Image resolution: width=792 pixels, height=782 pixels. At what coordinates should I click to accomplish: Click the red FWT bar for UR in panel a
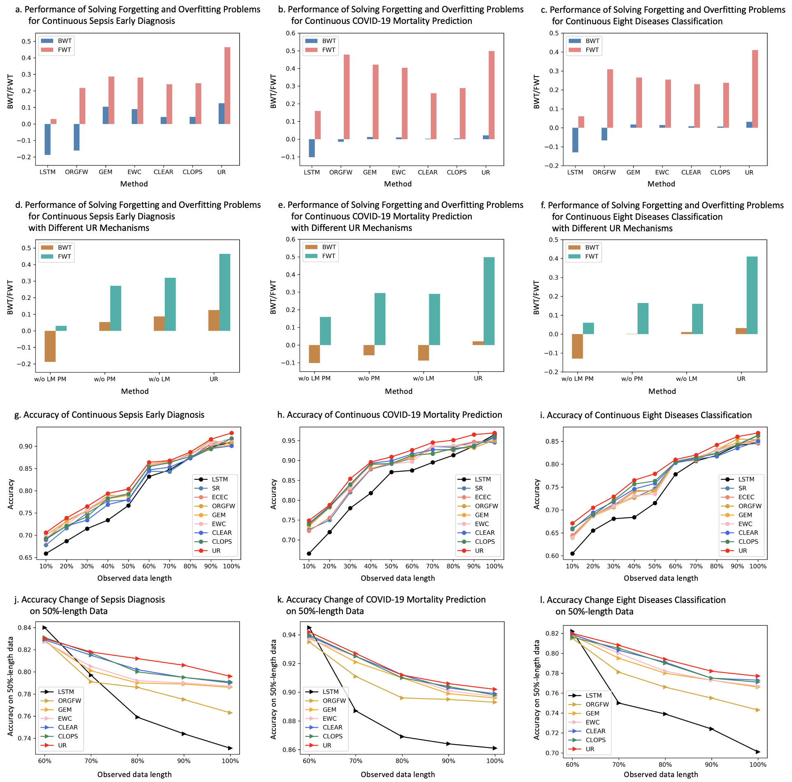227,86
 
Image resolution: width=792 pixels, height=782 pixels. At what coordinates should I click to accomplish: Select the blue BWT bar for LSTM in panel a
48,139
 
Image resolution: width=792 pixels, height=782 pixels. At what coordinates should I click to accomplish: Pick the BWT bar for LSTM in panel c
575,140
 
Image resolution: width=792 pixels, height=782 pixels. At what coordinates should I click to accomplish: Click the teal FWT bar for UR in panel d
225,292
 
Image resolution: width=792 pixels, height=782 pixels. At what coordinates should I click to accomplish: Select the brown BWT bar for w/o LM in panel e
424,353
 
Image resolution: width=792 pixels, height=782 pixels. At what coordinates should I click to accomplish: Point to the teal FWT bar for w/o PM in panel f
643,319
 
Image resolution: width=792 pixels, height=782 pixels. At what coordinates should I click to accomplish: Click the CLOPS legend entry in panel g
221,542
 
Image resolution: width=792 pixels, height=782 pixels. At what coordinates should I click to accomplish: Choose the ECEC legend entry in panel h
483,497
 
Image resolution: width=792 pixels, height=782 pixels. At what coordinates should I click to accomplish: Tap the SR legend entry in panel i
742,488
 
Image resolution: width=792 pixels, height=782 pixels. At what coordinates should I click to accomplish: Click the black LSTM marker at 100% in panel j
231,748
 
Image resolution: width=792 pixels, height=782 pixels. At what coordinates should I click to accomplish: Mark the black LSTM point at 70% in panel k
356,711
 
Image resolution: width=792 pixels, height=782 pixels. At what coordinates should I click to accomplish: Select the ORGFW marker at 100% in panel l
758,710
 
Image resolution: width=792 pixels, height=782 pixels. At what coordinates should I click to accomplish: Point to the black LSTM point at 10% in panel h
309,554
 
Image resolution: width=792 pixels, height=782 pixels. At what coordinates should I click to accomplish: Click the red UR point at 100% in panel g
231,433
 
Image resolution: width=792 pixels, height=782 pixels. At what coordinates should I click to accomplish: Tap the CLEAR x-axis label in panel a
163,172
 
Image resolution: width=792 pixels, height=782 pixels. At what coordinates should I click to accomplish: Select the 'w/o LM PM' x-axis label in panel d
50,379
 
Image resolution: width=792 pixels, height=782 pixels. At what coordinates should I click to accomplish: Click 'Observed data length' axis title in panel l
661,774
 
